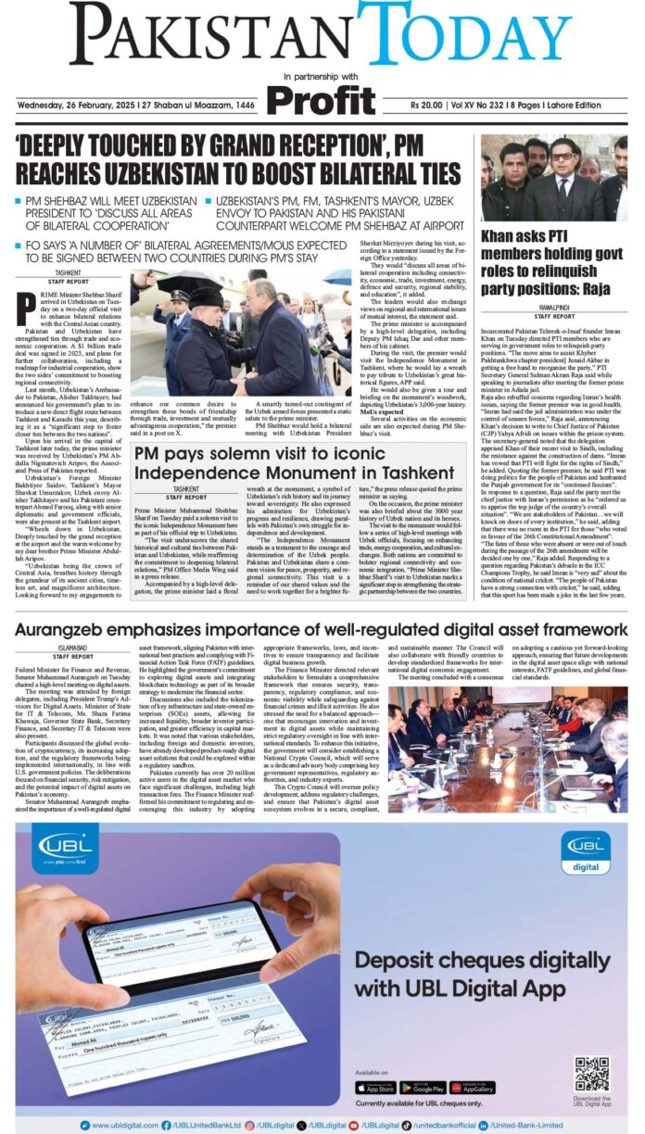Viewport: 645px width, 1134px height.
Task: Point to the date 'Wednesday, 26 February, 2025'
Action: [74, 105]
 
